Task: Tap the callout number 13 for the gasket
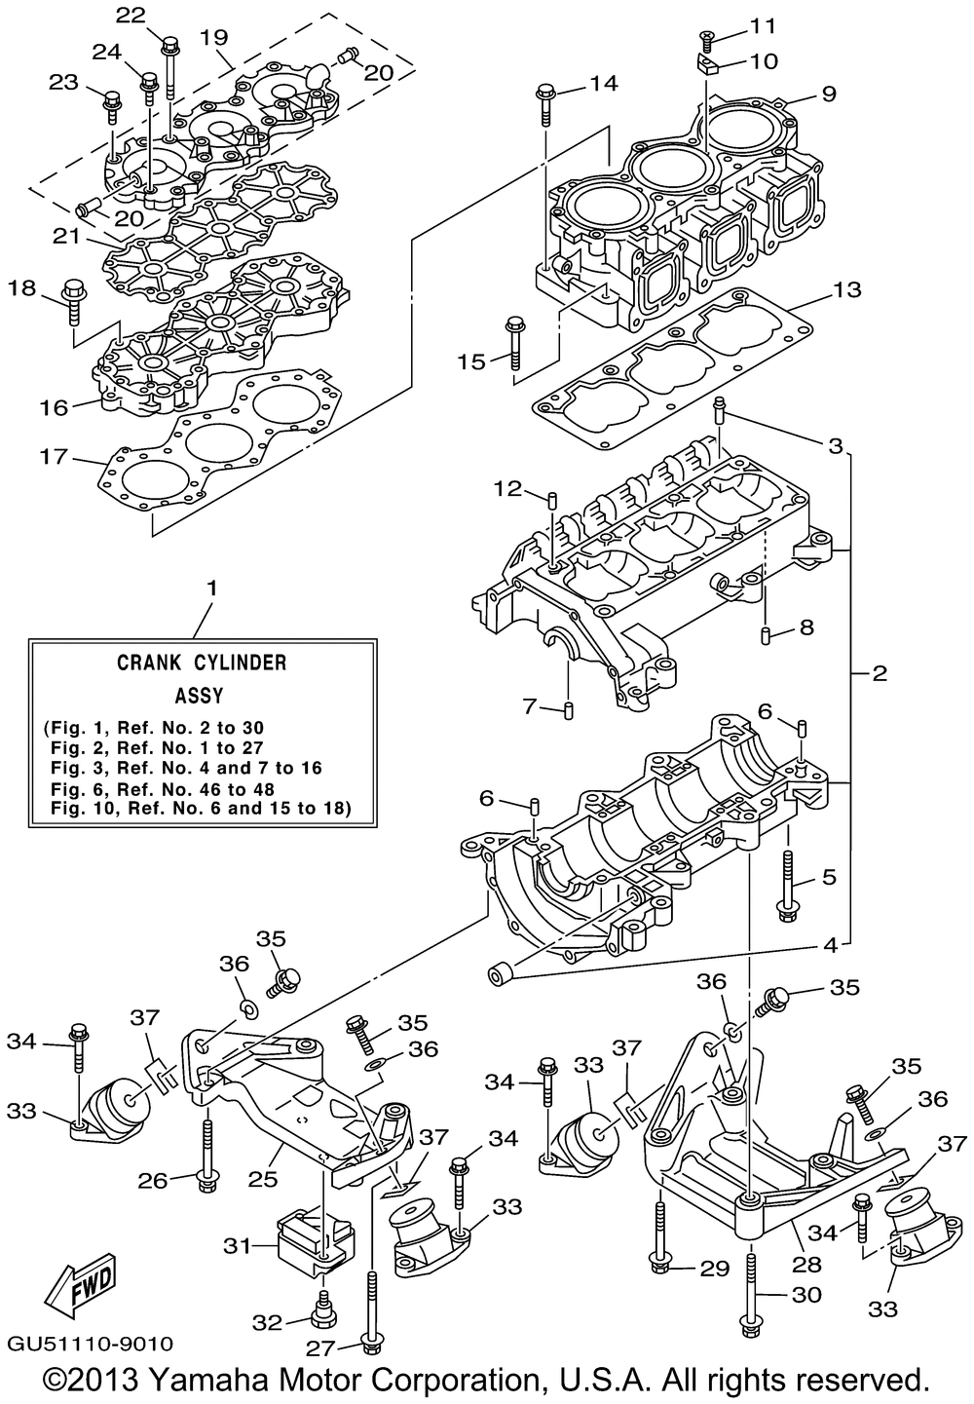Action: (x=846, y=290)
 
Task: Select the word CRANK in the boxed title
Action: (x=152, y=663)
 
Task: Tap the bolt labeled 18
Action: (x=71, y=301)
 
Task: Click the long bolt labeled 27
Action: (x=370, y=1306)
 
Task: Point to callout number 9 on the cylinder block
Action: (x=828, y=95)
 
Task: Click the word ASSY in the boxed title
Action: (x=199, y=696)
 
